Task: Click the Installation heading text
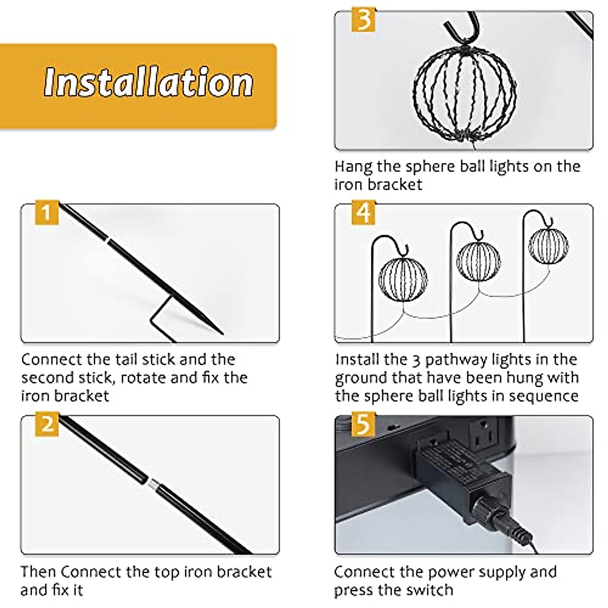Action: (x=148, y=82)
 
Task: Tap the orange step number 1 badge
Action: (x=47, y=212)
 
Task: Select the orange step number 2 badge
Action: (x=47, y=424)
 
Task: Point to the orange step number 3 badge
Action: (x=363, y=20)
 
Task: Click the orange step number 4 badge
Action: (x=363, y=212)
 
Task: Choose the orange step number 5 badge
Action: (x=363, y=424)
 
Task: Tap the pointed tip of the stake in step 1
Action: (x=222, y=333)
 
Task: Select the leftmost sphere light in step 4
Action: (x=403, y=279)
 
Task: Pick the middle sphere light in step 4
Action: (x=478, y=261)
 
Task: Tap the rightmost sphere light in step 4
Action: (x=548, y=245)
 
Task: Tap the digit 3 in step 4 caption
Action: (x=416, y=360)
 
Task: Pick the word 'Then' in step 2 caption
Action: (x=39, y=572)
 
